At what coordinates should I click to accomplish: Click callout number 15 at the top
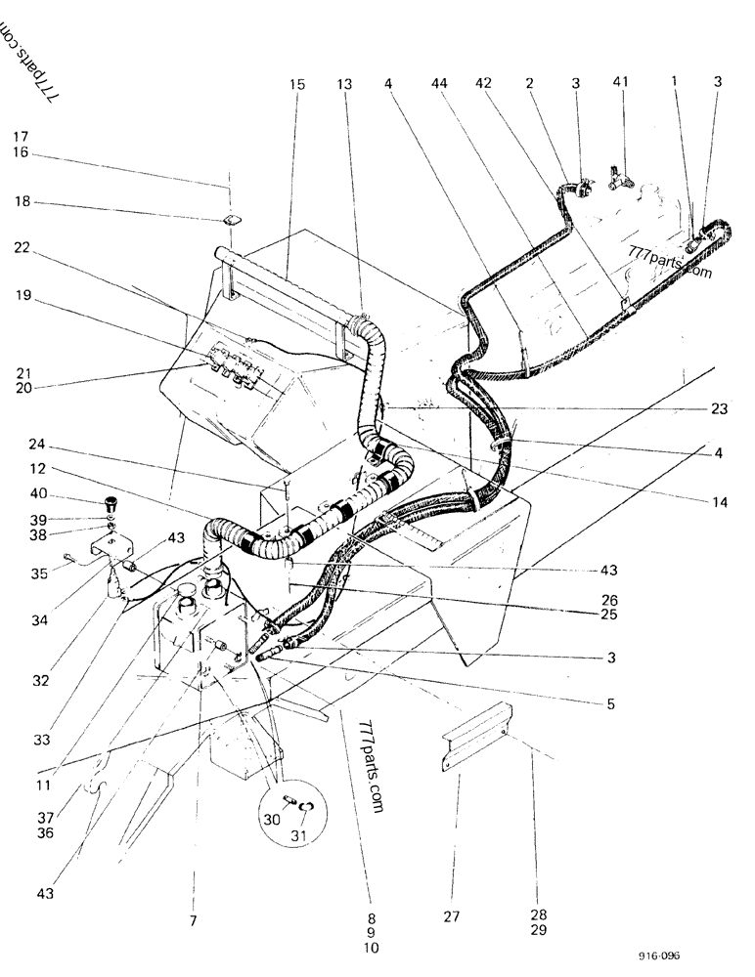click(x=297, y=85)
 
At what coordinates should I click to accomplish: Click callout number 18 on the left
click(x=22, y=202)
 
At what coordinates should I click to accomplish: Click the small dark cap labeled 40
click(x=110, y=504)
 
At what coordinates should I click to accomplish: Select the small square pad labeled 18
click(x=231, y=221)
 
